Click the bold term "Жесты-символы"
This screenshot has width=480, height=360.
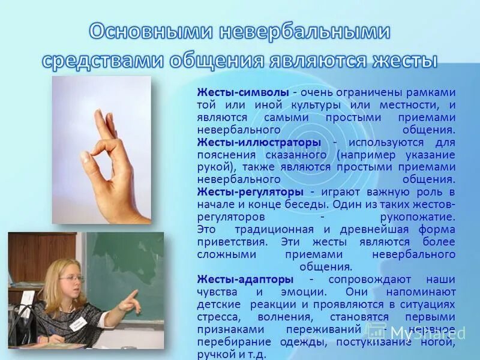tap(243, 92)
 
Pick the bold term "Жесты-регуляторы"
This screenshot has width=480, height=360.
tap(251, 192)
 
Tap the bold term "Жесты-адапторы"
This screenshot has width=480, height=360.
tap(245, 280)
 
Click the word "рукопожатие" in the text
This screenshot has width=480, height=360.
tap(420, 217)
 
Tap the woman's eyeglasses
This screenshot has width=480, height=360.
tap(71, 278)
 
